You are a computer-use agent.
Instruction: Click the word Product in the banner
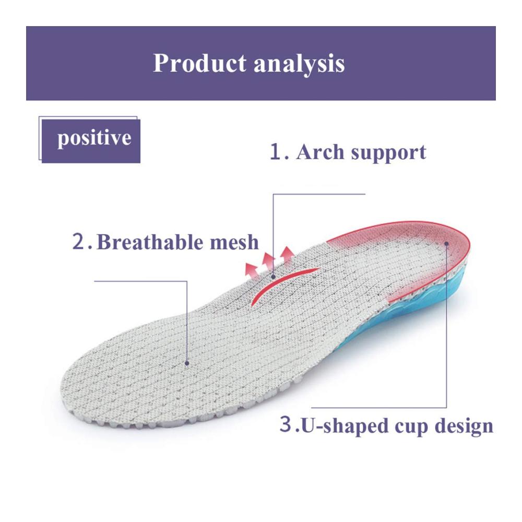coord(199,63)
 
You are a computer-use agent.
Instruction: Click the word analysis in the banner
coord(299,64)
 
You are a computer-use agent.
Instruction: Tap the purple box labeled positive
coord(91,141)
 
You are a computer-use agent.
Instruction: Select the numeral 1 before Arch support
coord(276,152)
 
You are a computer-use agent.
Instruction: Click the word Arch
coord(320,152)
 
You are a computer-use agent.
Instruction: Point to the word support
coord(388,153)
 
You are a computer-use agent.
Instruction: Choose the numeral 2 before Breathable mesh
coord(79,242)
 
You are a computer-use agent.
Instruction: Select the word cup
coord(411,428)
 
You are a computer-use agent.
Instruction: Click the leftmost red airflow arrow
coord(252,270)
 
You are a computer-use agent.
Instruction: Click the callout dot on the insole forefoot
coord(187,363)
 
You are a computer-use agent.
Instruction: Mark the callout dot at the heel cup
coord(446,244)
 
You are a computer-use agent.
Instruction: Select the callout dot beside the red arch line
coord(273,276)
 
